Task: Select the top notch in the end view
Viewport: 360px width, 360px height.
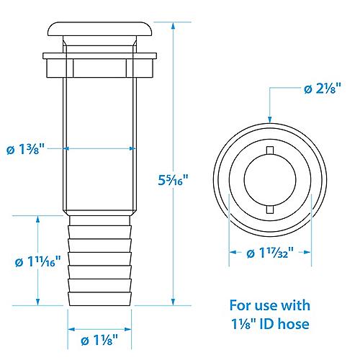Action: tap(270, 149)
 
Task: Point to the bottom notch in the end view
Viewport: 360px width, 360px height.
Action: tap(270, 209)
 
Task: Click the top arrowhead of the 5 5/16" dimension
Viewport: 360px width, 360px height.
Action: tap(174, 26)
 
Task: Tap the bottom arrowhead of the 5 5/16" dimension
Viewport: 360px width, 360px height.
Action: tap(174, 302)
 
